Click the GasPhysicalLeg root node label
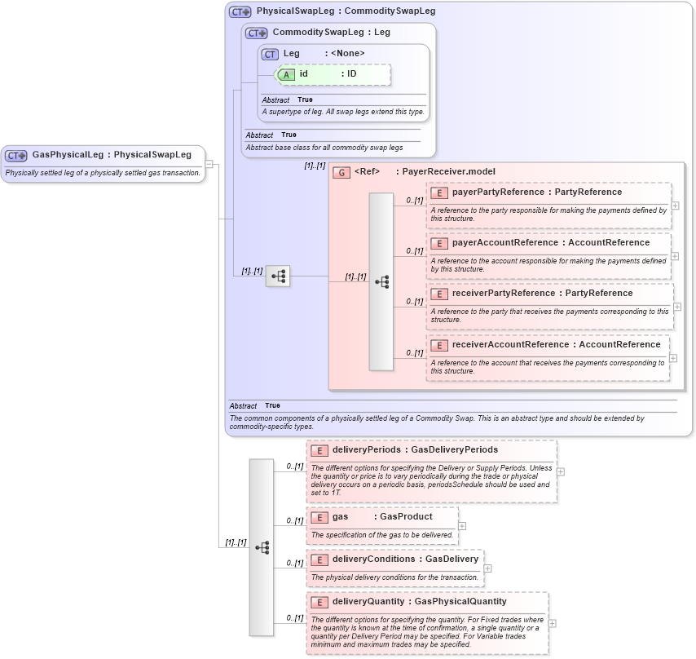111,154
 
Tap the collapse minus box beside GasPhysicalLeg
209,164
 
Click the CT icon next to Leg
270,54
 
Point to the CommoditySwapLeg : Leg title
331,33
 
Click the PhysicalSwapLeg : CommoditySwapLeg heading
346,11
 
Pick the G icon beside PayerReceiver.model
342,172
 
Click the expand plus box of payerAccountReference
675,256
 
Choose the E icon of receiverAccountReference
439,345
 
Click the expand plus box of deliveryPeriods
561,471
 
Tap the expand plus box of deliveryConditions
487,568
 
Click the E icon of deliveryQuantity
319,602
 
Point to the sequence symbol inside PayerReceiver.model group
381,281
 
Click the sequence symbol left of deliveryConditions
262,547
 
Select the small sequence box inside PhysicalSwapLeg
278,276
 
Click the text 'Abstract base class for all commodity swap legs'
324,148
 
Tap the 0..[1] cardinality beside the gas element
294,520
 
